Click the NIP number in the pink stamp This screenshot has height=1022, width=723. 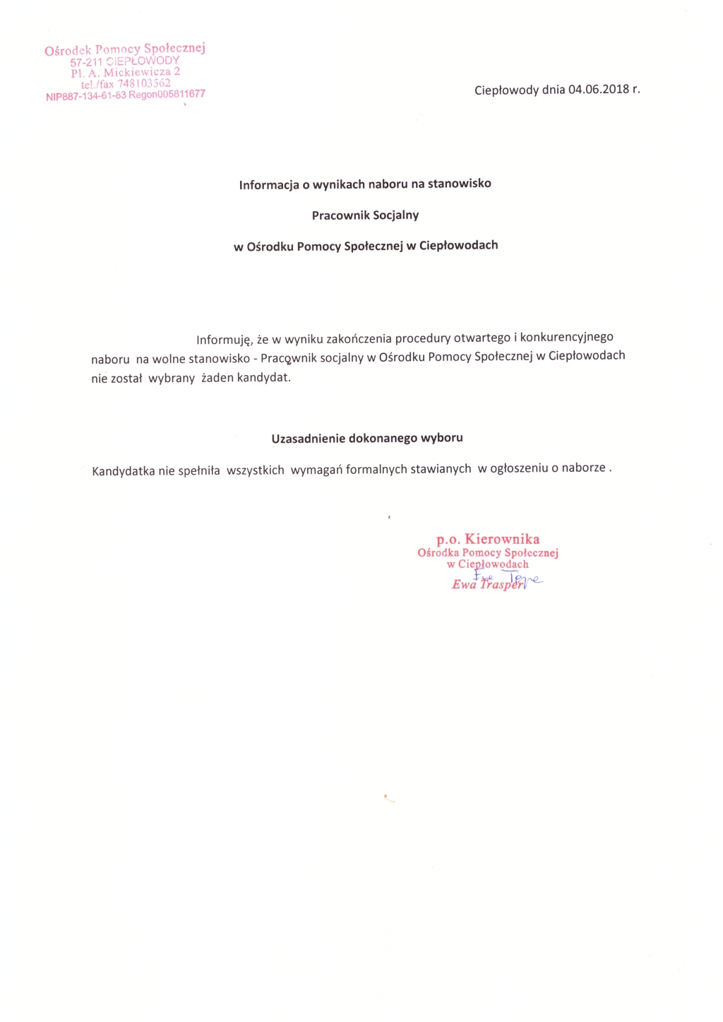tap(85, 96)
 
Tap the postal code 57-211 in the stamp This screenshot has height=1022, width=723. tap(86, 62)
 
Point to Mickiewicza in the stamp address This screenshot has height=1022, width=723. tap(138, 72)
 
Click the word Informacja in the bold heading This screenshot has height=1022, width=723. tap(269, 185)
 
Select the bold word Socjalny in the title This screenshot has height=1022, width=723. tap(395, 215)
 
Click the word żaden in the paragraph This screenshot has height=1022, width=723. tap(217, 378)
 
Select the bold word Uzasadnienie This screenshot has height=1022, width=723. tap(309, 439)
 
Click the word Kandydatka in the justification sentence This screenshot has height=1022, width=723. tap(124, 471)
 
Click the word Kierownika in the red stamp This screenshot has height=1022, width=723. tap(502, 540)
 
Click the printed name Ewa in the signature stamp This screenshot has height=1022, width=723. tap(464, 585)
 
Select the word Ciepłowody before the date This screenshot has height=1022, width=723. tap(506, 90)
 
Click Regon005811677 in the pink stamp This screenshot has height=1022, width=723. tap(167, 94)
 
